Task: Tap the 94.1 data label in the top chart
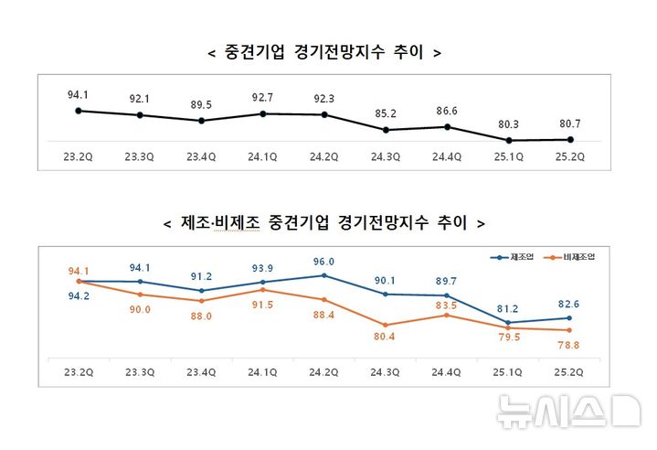pos(79,94)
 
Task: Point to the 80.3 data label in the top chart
pos(508,124)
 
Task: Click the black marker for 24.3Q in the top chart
pos(386,130)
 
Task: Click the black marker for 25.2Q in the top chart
pos(570,140)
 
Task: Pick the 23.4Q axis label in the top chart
pos(201,156)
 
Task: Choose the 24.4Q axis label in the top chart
pos(447,156)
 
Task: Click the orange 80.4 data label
pos(386,337)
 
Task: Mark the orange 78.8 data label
pos(569,344)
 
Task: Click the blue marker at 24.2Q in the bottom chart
pos(323,275)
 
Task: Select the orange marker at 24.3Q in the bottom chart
pos(386,325)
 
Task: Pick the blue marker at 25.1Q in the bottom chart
pos(508,322)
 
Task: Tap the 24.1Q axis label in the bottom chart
pos(262,371)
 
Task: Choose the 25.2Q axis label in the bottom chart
pos(569,371)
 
